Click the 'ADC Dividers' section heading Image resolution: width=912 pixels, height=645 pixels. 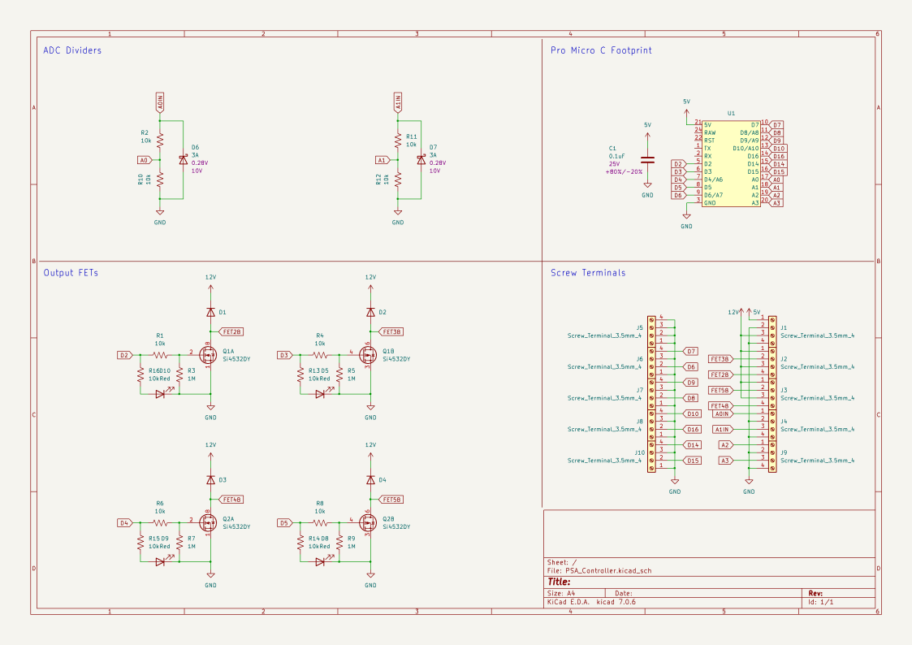point(72,50)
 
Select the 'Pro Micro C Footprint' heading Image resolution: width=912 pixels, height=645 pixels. point(601,50)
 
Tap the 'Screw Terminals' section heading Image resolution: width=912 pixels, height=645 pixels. point(588,273)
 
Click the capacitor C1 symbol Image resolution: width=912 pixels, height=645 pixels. point(647,160)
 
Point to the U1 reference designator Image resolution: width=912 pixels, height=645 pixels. point(731,114)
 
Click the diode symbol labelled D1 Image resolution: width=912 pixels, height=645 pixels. point(210,312)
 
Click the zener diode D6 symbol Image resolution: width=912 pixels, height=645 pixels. point(182,160)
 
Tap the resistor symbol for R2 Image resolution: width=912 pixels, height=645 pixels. point(160,140)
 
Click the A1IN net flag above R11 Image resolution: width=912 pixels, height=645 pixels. point(398,103)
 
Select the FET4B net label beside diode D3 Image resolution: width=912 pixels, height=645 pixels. point(231,500)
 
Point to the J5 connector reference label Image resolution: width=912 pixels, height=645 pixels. point(640,328)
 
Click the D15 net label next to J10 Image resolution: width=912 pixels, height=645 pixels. point(693,461)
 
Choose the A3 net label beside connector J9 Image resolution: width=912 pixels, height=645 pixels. point(725,461)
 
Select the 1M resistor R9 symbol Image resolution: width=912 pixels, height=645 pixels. point(339,543)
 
